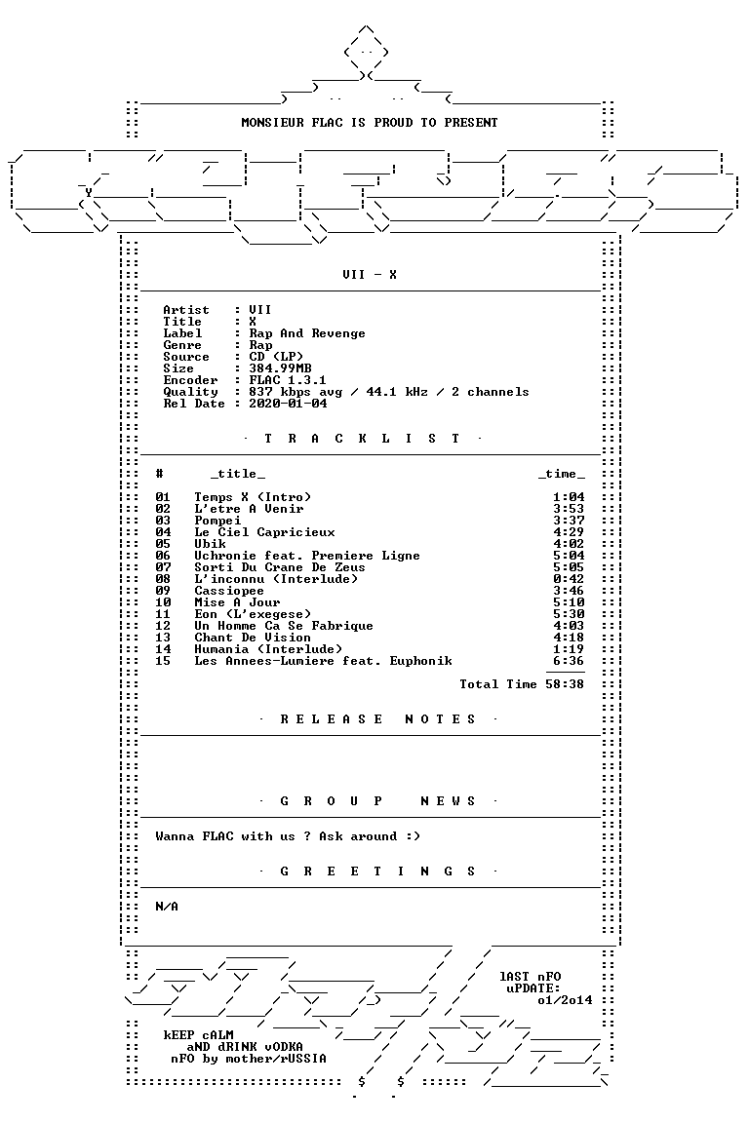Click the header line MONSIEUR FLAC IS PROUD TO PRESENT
(x=369, y=123)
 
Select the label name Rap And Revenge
(x=307, y=333)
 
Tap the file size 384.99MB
(x=280, y=368)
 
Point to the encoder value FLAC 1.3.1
(x=288, y=380)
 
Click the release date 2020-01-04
(x=288, y=404)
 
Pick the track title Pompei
(x=217, y=521)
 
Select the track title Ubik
(x=210, y=544)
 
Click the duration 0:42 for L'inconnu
(x=569, y=579)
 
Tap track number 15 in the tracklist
(x=163, y=661)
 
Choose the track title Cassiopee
(x=228, y=591)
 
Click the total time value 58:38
(x=564, y=684)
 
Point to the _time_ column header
(x=561, y=474)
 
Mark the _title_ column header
(x=237, y=474)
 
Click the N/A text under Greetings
(x=167, y=907)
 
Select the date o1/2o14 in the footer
(x=565, y=1000)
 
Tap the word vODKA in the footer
(x=280, y=1047)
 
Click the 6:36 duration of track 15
(x=569, y=661)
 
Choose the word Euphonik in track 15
(x=420, y=661)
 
